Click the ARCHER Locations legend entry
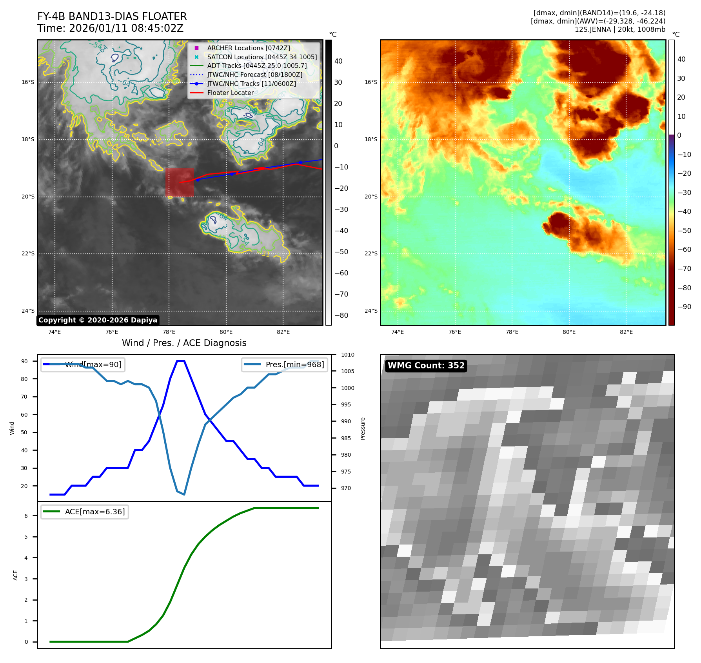coord(249,48)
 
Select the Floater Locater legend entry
coord(230,93)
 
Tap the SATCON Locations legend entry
coord(262,57)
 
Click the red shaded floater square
coord(180,182)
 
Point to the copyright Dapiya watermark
coord(98,320)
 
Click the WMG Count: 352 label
coord(426,366)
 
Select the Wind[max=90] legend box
coord(83,364)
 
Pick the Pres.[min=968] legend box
coord(285,364)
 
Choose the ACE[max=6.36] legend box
coord(85,512)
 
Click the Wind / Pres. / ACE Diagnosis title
coord(184,343)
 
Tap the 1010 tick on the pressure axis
coord(347,355)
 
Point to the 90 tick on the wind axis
coord(25,361)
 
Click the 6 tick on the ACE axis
coord(26,516)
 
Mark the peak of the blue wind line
coord(181,361)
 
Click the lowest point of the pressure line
coord(184,494)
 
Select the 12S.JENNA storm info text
coord(620,29)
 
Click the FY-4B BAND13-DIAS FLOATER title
coord(112,16)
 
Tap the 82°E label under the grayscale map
coord(283,332)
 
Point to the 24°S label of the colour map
coord(371,311)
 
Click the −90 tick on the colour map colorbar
coord(685,307)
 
